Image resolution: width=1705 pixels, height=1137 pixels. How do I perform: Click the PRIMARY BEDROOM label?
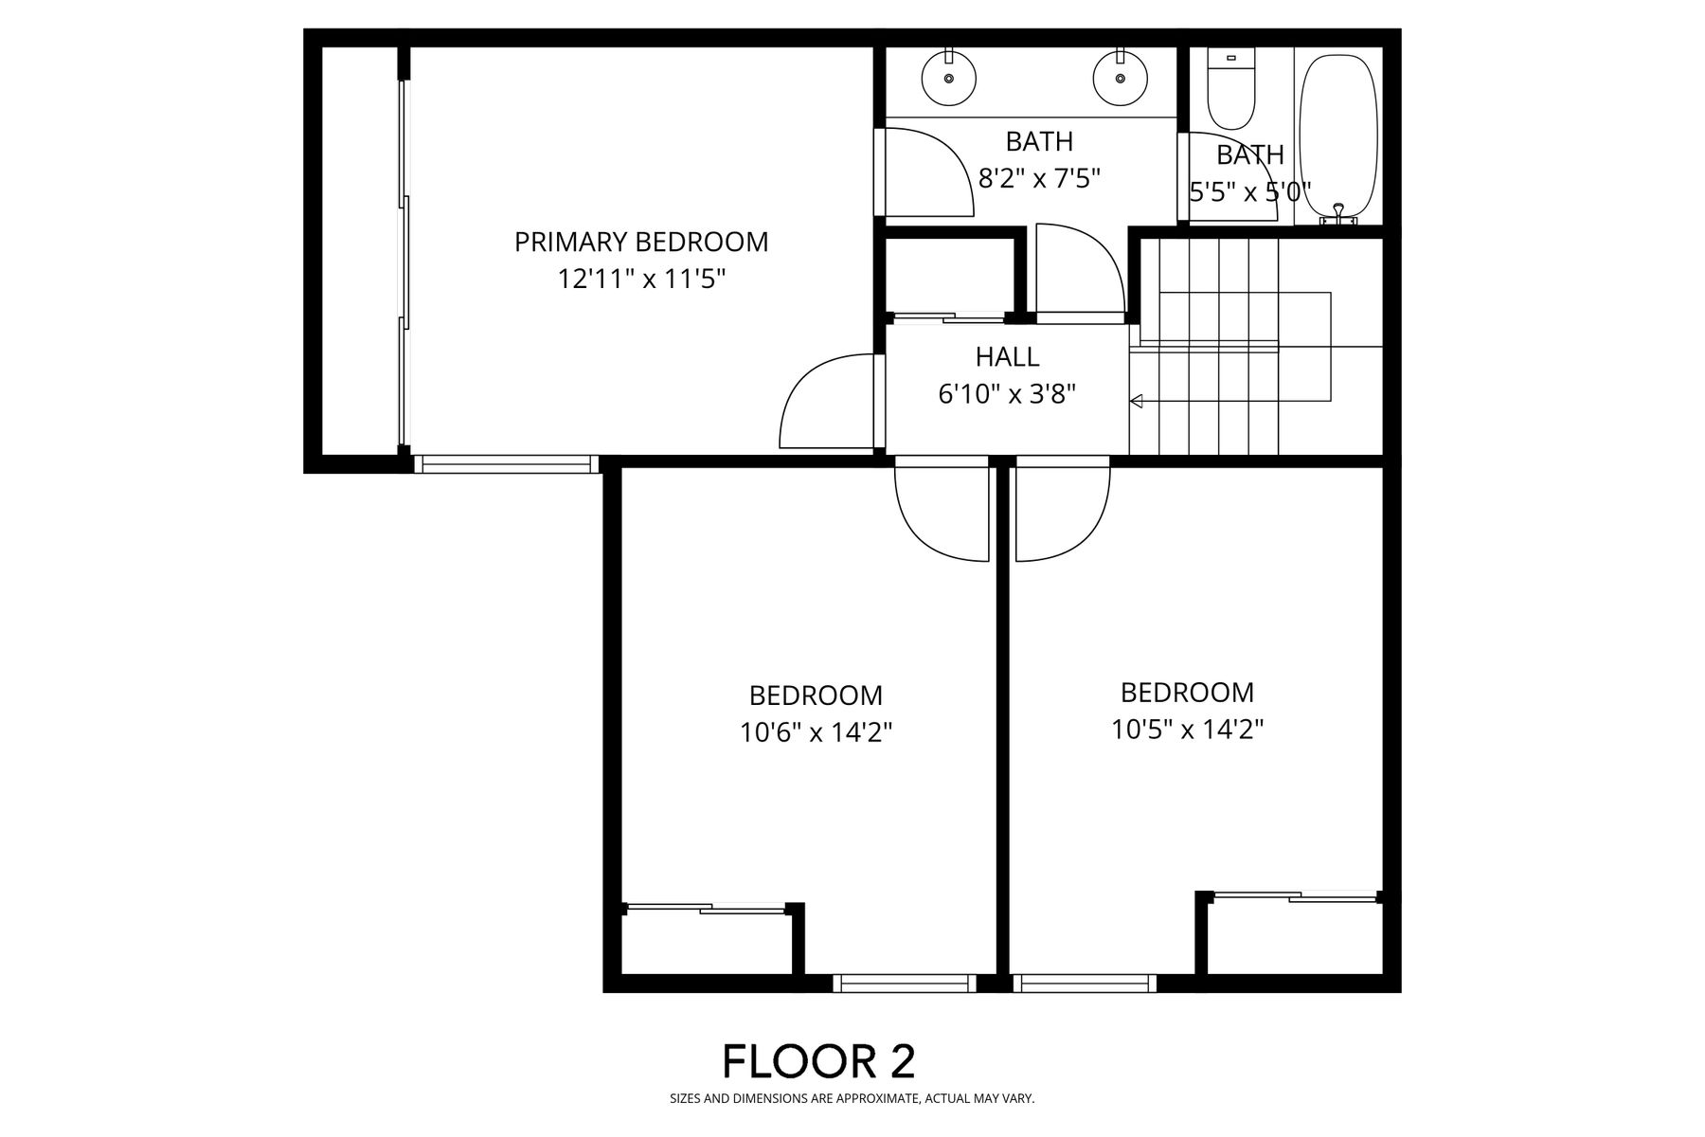(x=641, y=242)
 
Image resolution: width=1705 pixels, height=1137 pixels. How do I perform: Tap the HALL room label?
(x=1007, y=356)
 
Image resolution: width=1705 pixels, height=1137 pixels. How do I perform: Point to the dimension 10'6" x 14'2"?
(x=816, y=732)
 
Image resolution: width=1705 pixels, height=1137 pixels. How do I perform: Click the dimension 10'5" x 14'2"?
(x=1187, y=729)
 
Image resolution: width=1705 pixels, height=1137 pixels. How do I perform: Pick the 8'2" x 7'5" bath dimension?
(x=1039, y=178)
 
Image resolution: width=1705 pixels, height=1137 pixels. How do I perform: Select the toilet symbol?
(x=1231, y=90)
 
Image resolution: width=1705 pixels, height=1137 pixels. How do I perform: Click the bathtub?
(x=1338, y=138)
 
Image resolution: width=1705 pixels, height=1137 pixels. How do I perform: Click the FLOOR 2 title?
(x=819, y=1061)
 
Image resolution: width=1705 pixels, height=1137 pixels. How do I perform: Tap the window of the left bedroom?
(x=904, y=984)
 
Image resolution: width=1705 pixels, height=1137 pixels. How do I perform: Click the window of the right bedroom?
(x=1085, y=984)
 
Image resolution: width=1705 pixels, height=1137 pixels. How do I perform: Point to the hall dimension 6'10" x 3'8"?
(x=1007, y=394)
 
